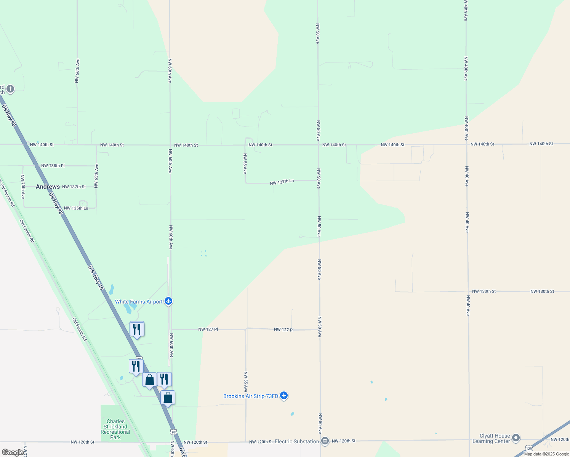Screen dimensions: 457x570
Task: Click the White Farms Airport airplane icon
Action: point(168,302)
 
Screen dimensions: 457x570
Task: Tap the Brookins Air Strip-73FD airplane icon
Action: point(283,396)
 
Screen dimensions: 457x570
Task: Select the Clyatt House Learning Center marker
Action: point(516,438)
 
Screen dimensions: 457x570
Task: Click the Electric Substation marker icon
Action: point(325,441)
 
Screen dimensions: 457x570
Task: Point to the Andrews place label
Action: point(48,187)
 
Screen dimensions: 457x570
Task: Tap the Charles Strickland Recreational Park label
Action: point(115,429)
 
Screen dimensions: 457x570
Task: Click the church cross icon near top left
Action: point(10,89)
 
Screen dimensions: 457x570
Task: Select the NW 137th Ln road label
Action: point(282,182)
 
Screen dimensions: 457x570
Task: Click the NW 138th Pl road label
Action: point(53,166)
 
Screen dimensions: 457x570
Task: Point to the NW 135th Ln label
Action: point(76,208)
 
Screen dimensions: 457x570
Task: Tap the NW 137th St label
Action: point(74,187)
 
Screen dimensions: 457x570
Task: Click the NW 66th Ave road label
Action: point(77,71)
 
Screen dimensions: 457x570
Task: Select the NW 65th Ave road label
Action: point(97,176)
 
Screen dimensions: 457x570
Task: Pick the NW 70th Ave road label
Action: point(23,187)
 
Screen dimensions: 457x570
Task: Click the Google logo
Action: point(13,452)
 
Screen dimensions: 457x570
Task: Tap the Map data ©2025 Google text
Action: point(546,454)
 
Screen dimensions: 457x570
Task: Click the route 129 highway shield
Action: point(529,448)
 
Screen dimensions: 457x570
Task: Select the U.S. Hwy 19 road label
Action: point(96,278)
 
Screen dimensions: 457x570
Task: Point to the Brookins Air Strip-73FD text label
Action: point(251,396)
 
